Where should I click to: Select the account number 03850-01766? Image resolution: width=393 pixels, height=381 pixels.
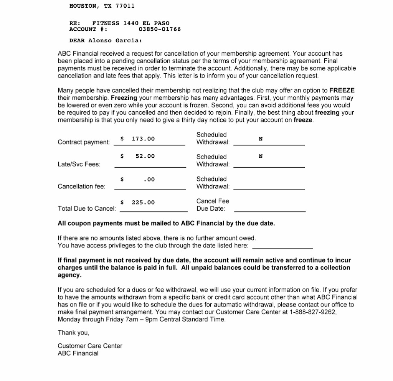point(159,29)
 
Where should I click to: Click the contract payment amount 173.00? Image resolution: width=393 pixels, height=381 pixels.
point(143,139)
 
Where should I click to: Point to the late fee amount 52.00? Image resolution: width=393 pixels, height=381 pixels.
point(145,156)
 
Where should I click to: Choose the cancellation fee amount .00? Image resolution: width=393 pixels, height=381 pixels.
point(149,179)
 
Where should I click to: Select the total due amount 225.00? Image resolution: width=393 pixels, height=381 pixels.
point(143,202)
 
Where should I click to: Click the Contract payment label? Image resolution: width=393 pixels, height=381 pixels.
point(84,142)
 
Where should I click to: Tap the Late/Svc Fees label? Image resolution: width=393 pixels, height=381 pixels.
point(79,164)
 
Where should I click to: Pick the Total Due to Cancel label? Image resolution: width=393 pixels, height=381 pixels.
point(87,209)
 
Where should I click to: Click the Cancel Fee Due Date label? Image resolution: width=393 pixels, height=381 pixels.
point(213,205)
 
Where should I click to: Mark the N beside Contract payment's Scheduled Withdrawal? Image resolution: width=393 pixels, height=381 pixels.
point(261,139)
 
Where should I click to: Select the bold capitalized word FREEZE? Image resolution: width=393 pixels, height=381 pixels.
point(342,91)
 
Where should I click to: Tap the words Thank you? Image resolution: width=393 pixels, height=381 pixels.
point(73,333)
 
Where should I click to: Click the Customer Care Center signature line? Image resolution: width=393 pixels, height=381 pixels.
point(90,346)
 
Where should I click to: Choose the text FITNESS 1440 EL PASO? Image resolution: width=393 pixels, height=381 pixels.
point(131,23)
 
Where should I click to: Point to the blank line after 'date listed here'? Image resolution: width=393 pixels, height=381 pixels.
point(282,247)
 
